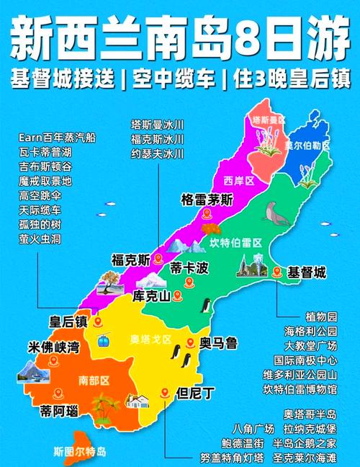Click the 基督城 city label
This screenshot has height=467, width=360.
point(307,273)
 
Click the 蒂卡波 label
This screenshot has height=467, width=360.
point(189,269)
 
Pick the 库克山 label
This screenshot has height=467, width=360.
point(152,296)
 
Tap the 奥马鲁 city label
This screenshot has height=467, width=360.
point(219,344)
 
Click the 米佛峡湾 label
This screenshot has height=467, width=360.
point(54,347)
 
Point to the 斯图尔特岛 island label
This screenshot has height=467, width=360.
point(80,452)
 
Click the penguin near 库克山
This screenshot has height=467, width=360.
point(204,306)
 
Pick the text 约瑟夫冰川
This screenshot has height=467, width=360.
point(157,154)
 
